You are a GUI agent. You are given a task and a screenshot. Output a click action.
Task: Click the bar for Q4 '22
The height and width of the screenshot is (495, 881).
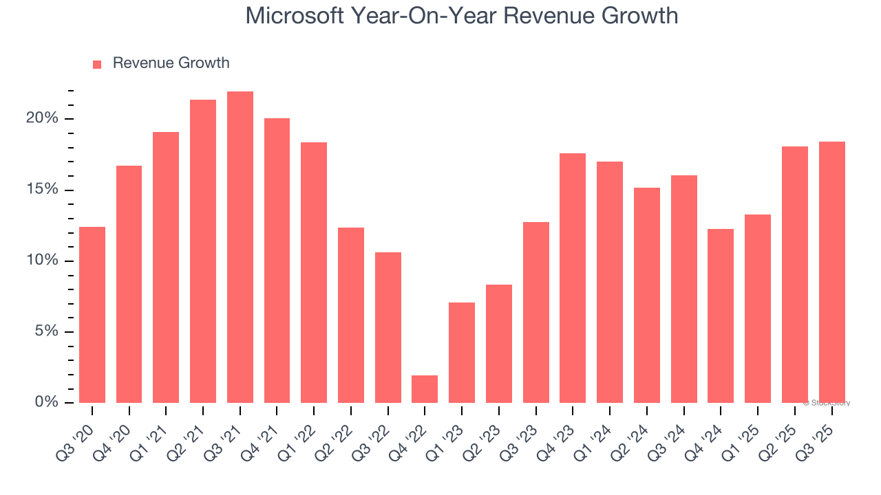(x=425, y=389)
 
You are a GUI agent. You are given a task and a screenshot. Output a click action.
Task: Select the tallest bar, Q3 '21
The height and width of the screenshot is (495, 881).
(x=240, y=247)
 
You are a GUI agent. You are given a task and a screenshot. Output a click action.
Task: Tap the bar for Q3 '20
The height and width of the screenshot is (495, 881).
(x=92, y=315)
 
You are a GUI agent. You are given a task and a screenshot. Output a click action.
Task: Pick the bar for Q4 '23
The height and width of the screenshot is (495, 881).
(x=573, y=278)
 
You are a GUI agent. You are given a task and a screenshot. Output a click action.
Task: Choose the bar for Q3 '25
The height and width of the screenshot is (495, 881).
(x=831, y=272)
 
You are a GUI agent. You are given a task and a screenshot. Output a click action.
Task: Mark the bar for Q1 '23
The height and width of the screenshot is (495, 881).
(x=462, y=353)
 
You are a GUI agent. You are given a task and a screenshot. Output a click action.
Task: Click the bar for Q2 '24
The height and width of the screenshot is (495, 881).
(x=647, y=296)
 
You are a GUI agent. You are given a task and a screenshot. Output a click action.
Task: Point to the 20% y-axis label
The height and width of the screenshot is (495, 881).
(x=43, y=118)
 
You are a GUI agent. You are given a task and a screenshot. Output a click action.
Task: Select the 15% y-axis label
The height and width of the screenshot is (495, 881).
(x=43, y=190)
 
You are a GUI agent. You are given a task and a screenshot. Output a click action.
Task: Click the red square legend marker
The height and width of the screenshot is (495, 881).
(x=97, y=65)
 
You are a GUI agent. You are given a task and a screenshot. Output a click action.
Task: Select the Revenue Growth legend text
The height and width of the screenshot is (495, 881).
(x=171, y=63)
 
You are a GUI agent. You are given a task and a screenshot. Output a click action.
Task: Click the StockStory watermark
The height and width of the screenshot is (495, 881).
(x=827, y=403)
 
